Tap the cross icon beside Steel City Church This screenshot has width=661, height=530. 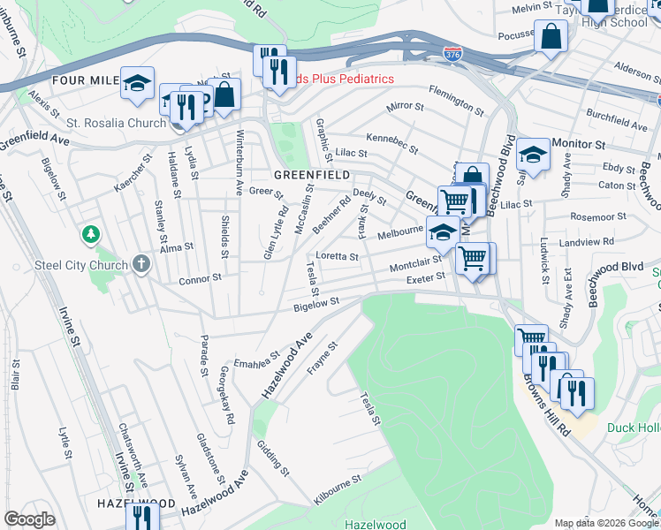141,264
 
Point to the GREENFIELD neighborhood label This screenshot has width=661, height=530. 307,175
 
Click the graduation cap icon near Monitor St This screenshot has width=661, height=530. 533,154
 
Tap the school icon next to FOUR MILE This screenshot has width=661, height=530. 137,82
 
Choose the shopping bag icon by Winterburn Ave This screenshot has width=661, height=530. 224,95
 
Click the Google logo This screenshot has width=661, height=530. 29,519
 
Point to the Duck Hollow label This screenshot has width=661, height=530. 634,428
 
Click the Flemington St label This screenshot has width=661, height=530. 456,100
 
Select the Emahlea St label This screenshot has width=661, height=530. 256,361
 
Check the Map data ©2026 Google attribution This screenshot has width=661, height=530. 606,523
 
